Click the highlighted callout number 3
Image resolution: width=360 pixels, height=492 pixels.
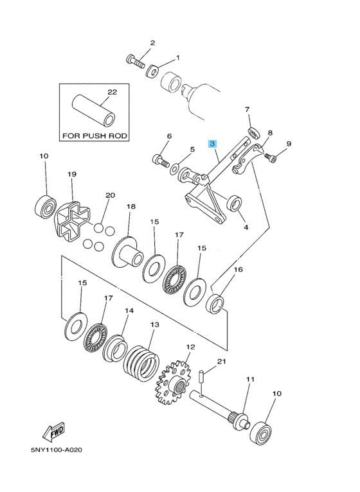pos(213,144)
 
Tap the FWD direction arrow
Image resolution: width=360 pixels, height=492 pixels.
pos(54,432)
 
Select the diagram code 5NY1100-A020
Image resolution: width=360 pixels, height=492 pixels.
pos(57,450)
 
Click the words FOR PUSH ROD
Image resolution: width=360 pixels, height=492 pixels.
pos(94,136)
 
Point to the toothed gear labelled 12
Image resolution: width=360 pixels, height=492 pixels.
pos(172,383)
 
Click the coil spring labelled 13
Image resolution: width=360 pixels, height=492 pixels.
pos(141,364)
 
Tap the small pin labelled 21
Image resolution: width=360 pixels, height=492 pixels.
pos(201,376)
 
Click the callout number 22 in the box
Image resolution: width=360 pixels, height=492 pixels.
pos(112,92)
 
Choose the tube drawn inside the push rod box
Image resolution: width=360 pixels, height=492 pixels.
pos(94,110)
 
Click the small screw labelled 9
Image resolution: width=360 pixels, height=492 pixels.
pos(270,157)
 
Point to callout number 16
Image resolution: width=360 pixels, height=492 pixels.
pos(239,269)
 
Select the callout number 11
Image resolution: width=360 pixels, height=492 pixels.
pos(250,380)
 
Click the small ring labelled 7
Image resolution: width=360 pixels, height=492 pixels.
pos(254,132)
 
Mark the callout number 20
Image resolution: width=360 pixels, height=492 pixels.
pos(111,195)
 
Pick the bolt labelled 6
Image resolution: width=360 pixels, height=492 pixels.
pos(161,161)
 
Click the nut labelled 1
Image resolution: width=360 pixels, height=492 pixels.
pos(153,71)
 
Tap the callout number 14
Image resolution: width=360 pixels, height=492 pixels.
pos(129,311)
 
